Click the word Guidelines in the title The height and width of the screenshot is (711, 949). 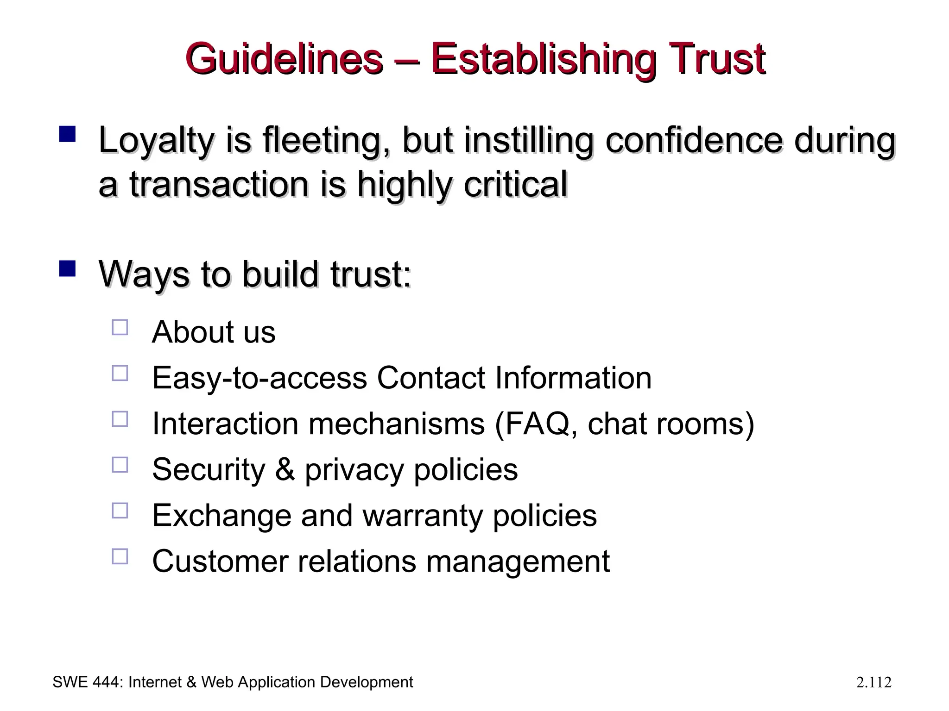pyautogui.click(x=284, y=59)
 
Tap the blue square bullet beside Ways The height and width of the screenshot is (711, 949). pyautogui.click(x=68, y=268)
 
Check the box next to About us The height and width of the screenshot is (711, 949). pyautogui.click(x=120, y=327)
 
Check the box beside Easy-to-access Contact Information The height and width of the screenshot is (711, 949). pyautogui.click(x=120, y=373)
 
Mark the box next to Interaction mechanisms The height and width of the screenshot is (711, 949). pyautogui.click(x=120, y=419)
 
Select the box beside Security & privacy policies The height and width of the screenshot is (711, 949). pyautogui.click(x=120, y=465)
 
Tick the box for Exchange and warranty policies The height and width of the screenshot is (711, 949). pyautogui.click(x=120, y=511)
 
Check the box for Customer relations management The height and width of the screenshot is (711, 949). pyautogui.click(x=120, y=556)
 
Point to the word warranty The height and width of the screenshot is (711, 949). pyautogui.click(x=422, y=516)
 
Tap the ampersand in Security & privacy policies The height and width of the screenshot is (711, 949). pyautogui.click(x=285, y=470)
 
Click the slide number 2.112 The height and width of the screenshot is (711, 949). pyautogui.click(x=873, y=683)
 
